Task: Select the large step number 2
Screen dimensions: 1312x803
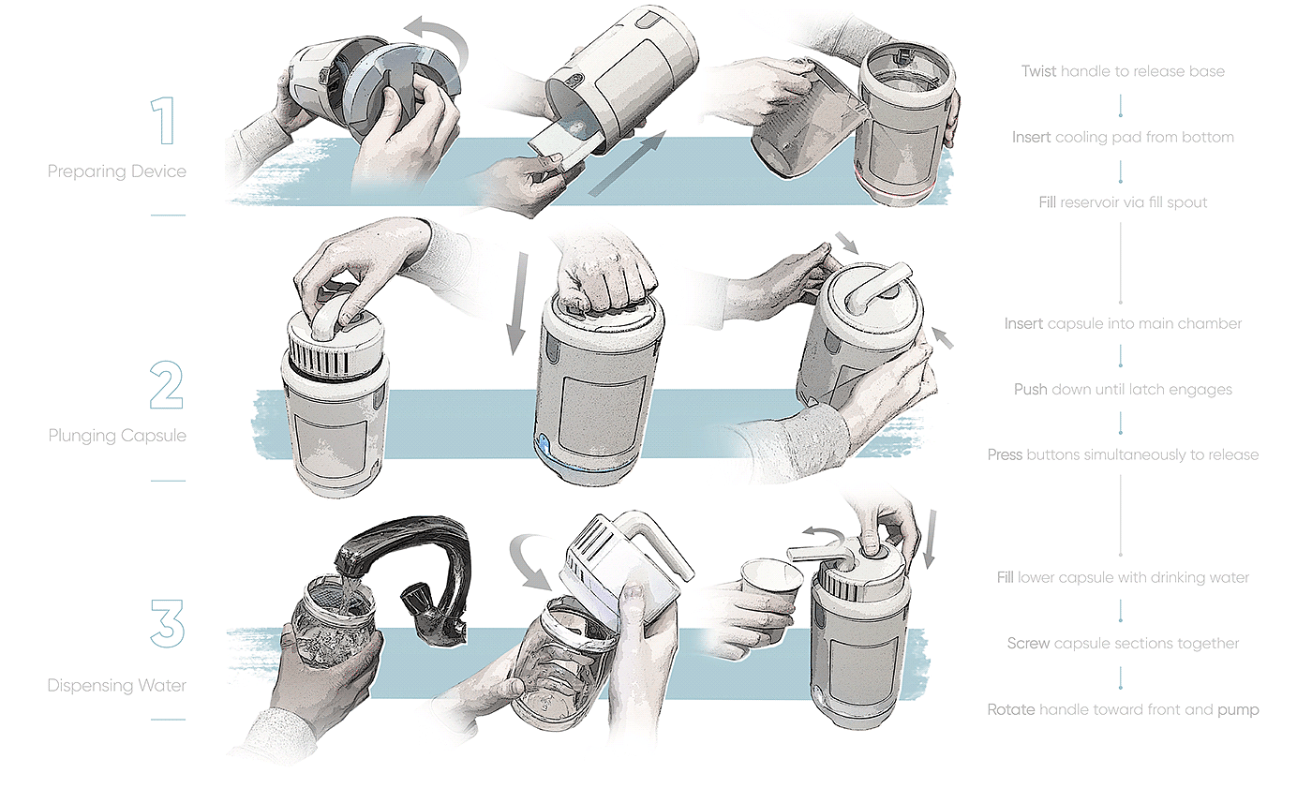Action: coord(166,384)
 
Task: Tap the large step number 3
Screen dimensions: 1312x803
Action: coord(167,622)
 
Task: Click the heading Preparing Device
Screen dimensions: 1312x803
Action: coord(116,171)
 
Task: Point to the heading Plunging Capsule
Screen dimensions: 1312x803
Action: coord(117,436)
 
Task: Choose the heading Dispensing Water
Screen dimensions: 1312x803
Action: coord(116,686)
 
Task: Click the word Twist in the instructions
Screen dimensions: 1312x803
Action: coord(1039,71)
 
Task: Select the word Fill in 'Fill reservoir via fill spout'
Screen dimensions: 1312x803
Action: coord(1047,202)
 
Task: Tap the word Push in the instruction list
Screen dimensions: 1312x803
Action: coord(1030,390)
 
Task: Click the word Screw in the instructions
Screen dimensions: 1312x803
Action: coord(1028,644)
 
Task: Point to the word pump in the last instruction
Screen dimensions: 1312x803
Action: coord(1238,709)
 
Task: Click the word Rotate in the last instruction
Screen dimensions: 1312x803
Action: coord(1011,709)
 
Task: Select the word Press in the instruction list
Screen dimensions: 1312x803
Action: coord(1006,455)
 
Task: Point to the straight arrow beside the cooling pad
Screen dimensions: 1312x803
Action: coord(628,163)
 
